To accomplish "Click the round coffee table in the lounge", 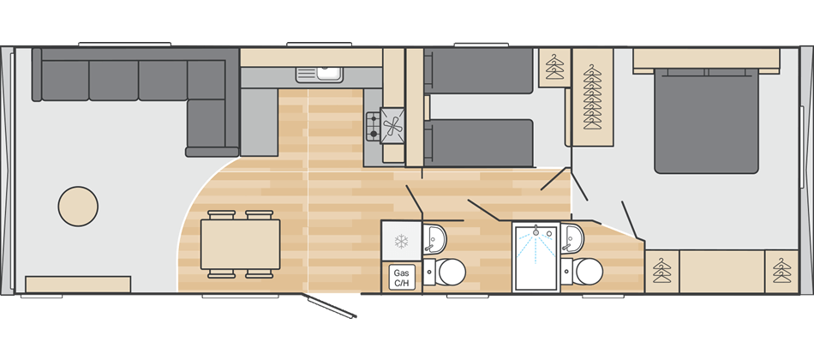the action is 78,207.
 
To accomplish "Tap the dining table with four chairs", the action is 241,244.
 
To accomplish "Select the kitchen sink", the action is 320,75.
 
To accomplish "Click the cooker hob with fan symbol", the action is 386,125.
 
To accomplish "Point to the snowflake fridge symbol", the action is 401,241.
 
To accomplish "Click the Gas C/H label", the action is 402,277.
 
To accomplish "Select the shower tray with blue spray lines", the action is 536,257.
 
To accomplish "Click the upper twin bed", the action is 479,71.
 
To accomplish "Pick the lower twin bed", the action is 479,143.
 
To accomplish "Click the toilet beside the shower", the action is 585,272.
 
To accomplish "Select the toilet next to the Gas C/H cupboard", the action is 446,272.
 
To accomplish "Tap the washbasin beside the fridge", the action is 434,239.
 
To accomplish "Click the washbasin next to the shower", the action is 572,238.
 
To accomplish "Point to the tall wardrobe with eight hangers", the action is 592,97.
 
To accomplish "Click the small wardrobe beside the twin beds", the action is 554,68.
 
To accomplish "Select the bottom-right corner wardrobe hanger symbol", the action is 781,271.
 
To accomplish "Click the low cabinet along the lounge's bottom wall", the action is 78,285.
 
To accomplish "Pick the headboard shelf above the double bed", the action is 706,60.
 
